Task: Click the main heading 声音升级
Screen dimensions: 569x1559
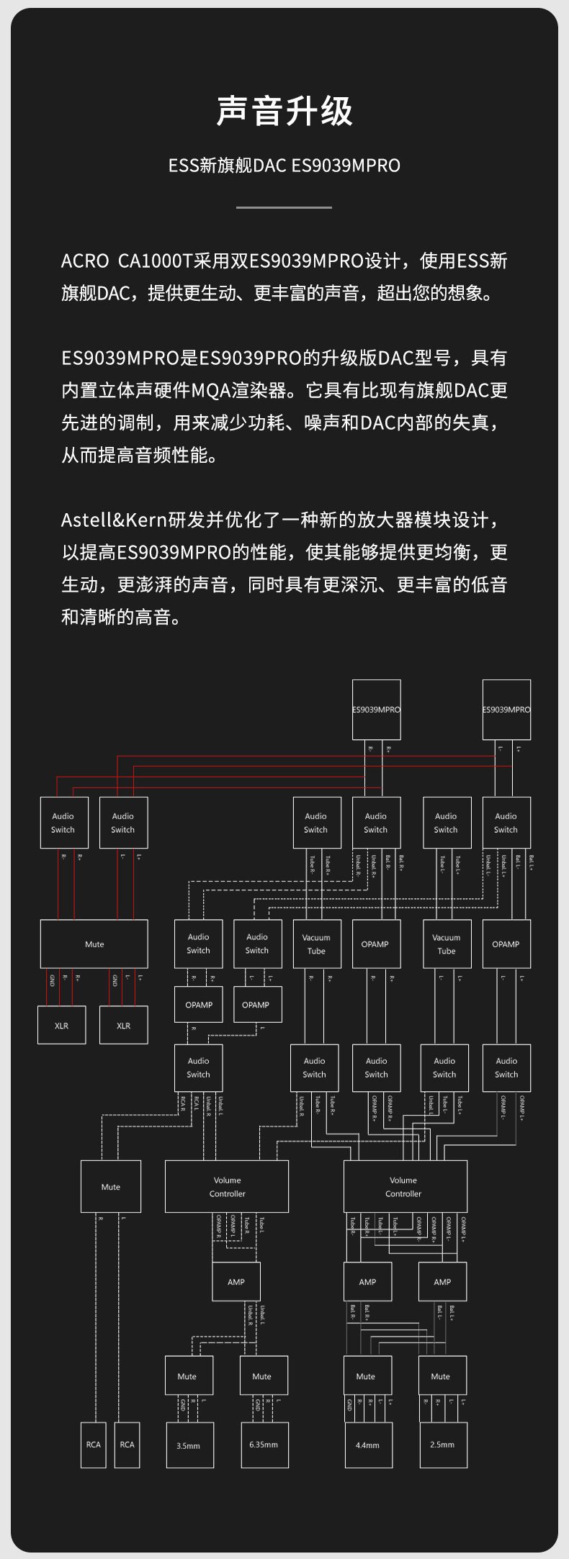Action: click(x=284, y=112)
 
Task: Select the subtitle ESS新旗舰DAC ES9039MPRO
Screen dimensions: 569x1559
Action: click(x=284, y=166)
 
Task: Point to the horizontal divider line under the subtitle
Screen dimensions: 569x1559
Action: click(x=284, y=207)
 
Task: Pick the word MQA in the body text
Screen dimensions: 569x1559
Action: click(x=211, y=390)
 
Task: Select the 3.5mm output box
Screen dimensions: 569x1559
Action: click(x=189, y=1445)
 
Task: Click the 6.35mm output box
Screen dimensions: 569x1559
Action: click(x=264, y=1445)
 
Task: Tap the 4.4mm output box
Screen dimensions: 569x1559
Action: click(x=367, y=1445)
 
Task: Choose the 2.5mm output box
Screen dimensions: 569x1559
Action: click(x=443, y=1445)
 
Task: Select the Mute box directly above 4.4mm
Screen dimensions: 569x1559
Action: click(x=367, y=1376)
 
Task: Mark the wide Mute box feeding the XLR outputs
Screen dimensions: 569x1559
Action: click(x=94, y=944)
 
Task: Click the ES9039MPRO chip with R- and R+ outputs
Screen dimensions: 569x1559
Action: click(x=377, y=709)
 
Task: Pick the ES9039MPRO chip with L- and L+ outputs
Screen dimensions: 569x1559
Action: click(x=506, y=709)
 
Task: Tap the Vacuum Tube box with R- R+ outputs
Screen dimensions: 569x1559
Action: click(x=315, y=944)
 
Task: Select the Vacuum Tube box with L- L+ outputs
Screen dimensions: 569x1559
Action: click(x=447, y=944)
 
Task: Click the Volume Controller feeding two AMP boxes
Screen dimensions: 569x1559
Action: click(x=405, y=1186)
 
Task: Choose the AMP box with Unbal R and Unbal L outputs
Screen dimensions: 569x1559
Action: click(x=236, y=1281)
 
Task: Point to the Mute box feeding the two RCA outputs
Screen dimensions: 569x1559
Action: click(x=111, y=1186)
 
